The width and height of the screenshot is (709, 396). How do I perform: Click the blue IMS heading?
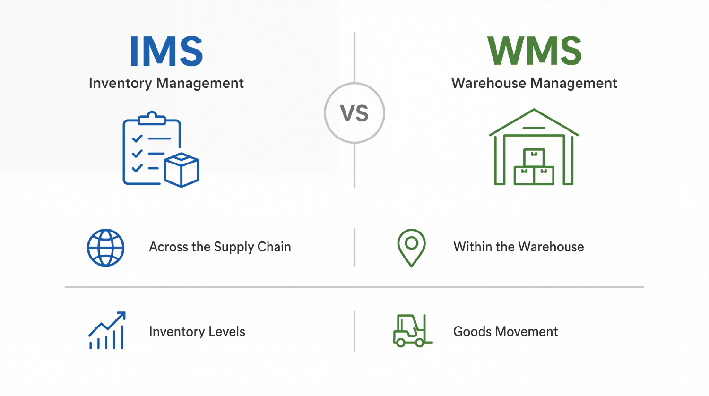[x=166, y=52]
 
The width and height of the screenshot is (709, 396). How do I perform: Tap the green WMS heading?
[x=534, y=51]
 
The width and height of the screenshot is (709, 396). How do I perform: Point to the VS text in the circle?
[x=354, y=113]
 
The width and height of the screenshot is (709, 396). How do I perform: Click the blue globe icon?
[x=106, y=248]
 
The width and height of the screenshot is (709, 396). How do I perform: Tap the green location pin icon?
[x=412, y=248]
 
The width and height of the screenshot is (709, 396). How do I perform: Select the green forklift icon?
[x=413, y=330]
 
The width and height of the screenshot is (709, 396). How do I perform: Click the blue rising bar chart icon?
[x=107, y=330]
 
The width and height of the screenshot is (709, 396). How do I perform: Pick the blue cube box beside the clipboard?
[x=182, y=170]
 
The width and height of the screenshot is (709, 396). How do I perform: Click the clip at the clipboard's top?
[x=152, y=118]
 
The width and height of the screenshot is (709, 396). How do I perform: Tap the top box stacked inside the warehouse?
[x=534, y=157]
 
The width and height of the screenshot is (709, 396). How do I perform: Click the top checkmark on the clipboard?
[x=137, y=138]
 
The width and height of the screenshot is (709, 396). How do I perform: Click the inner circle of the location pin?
[x=412, y=243]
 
